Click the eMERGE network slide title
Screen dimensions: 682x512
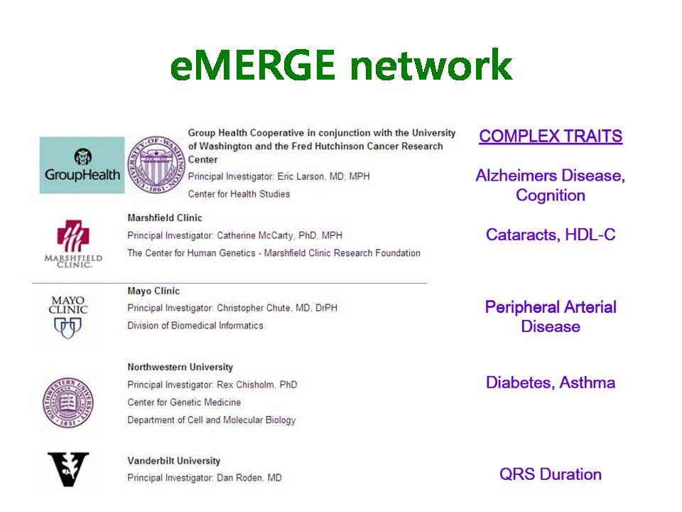(x=341, y=65)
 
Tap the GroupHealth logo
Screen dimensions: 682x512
(x=82, y=165)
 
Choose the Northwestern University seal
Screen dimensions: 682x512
(x=68, y=402)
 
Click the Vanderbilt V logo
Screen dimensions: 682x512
(x=68, y=469)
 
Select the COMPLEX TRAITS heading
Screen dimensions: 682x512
(x=551, y=137)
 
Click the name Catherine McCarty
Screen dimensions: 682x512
(x=255, y=235)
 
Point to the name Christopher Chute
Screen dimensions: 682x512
(x=254, y=308)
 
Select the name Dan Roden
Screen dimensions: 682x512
(x=240, y=478)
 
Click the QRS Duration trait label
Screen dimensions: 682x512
(x=551, y=474)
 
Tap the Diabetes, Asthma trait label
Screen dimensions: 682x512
(x=551, y=383)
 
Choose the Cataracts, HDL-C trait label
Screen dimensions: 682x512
(x=551, y=235)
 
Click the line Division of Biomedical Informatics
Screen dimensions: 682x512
(x=195, y=326)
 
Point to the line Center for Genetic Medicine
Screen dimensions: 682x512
(x=184, y=402)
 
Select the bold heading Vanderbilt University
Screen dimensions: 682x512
(x=174, y=461)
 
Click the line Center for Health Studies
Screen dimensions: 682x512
(x=239, y=194)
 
